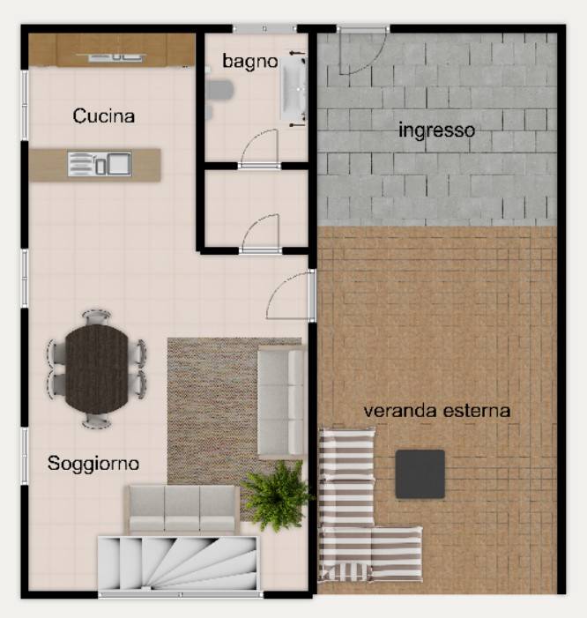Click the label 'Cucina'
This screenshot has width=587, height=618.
104,115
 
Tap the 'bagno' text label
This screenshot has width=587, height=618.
250,61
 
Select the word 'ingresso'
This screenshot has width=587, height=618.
436,130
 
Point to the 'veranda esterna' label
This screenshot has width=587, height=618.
437,411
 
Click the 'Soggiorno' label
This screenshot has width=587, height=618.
93,464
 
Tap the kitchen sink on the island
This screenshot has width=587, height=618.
100,164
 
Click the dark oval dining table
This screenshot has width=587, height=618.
97,369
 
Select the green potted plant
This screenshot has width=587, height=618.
276,496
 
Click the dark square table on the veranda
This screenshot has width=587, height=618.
420,473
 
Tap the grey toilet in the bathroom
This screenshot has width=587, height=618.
219,90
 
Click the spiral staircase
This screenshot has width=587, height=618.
178,562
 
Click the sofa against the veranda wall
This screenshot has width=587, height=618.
281,403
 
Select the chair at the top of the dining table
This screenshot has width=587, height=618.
97,316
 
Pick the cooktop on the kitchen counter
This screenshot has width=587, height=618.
115,57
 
